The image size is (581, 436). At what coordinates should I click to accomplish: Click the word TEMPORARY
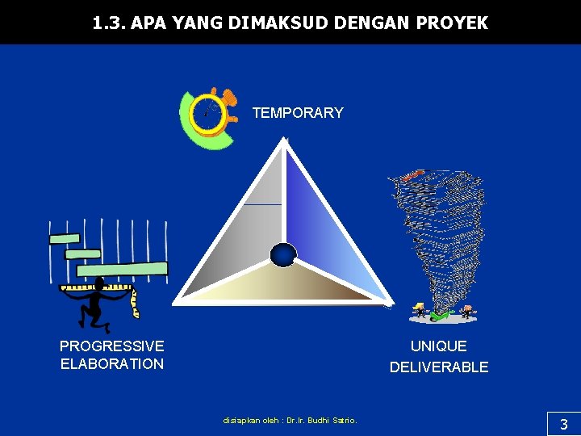pyautogui.click(x=298, y=113)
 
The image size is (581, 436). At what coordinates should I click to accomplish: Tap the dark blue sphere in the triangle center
pyautogui.click(x=283, y=254)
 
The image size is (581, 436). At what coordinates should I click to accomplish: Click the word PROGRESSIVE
pyautogui.click(x=111, y=346)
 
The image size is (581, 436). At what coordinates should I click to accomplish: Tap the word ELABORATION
pyautogui.click(x=111, y=364)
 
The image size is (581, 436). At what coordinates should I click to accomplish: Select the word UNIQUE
pyautogui.click(x=439, y=346)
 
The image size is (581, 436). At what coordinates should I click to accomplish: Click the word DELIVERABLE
pyautogui.click(x=439, y=367)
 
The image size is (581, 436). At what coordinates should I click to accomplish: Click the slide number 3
pyautogui.click(x=563, y=424)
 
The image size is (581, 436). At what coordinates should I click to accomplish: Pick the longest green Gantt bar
pyautogui.click(x=122, y=269)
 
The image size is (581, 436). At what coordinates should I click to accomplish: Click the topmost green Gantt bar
pyautogui.click(x=65, y=239)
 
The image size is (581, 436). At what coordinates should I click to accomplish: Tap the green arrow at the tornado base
pyautogui.click(x=439, y=314)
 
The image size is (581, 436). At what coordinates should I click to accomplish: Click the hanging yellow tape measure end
pyautogui.click(x=135, y=305)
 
